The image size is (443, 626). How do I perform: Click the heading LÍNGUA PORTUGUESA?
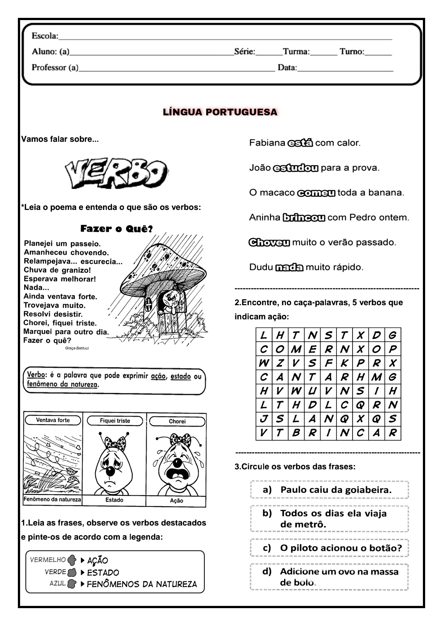[x=220, y=112]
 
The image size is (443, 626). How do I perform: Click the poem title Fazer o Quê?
[x=117, y=229]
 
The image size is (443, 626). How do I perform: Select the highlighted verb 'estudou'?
[x=296, y=168]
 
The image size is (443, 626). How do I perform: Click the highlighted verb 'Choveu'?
[x=269, y=243]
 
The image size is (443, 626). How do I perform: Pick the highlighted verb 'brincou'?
[x=304, y=218]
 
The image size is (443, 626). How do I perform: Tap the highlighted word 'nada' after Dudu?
[x=289, y=267]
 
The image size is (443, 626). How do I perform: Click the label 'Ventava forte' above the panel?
[x=53, y=420]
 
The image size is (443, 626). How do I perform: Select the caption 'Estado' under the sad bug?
[x=114, y=500]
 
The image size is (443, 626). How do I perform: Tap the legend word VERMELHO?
[x=48, y=559]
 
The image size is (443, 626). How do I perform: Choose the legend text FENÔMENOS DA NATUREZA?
[x=142, y=584]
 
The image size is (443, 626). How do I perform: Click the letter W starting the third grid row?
[x=264, y=363]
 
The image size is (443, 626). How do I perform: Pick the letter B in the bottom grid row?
[x=296, y=433]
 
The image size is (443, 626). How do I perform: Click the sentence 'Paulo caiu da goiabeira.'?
[x=336, y=490]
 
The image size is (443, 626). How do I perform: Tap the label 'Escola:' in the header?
[x=45, y=36]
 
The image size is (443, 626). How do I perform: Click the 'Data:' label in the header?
[x=287, y=68]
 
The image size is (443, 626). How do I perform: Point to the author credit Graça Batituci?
[x=77, y=348]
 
